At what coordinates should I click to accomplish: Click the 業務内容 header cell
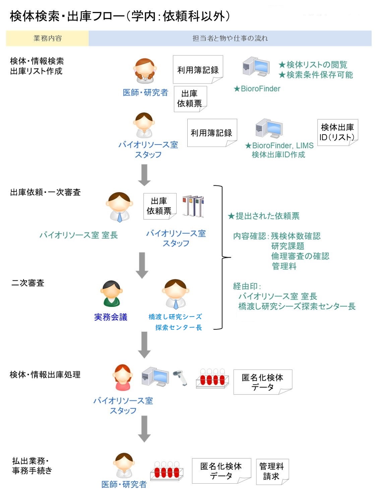click(x=47, y=38)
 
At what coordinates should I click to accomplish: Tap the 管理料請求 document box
click(x=272, y=471)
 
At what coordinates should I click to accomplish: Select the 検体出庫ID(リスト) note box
click(x=337, y=132)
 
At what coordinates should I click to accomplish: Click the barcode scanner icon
click(x=180, y=378)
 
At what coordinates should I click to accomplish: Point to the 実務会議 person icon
click(x=111, y=294)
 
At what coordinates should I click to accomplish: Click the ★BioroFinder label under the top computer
click(x=257, y=89)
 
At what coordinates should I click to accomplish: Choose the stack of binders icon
click(x=193, y=206)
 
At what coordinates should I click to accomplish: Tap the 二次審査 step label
click(x=28, y=283)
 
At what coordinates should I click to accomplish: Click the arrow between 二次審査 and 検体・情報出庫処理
click(x=144, y=345)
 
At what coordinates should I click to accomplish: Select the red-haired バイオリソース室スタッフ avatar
click(x=122, y=377)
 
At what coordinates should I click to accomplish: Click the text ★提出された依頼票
click(x=263, y=216)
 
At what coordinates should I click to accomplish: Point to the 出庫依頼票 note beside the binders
click(x=160, y=206)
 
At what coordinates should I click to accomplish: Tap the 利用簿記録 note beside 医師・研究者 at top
click(x=198, y=70)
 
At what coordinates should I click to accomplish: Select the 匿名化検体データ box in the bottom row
click(x=221, y=471)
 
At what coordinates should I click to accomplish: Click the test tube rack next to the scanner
click(x=212, y=379)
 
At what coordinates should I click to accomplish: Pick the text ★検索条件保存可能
click(x=316, y=75)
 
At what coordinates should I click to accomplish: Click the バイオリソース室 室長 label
click(x=79, y=235)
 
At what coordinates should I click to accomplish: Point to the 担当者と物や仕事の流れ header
click(x=230, y=38)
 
